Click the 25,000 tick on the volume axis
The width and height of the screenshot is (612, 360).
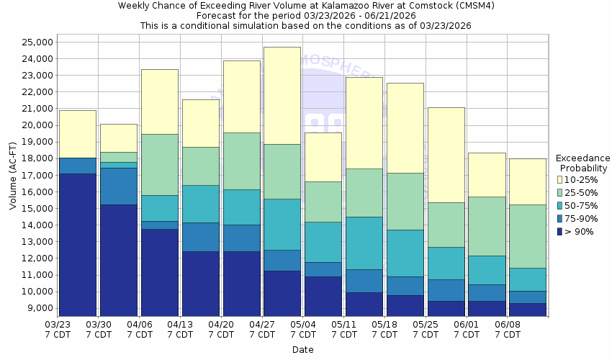click(35, 42)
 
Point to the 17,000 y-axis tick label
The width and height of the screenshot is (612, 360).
click(35, 175)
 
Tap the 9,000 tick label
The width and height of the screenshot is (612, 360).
click(37, 308)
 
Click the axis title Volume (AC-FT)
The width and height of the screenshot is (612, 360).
click(13, 175)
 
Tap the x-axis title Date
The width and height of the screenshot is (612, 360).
click(302, 350)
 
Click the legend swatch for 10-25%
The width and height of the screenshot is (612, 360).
click(560, 179)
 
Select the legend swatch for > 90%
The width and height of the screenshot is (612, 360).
click(560, 232)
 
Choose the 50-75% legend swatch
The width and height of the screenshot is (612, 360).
click(560, 206)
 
